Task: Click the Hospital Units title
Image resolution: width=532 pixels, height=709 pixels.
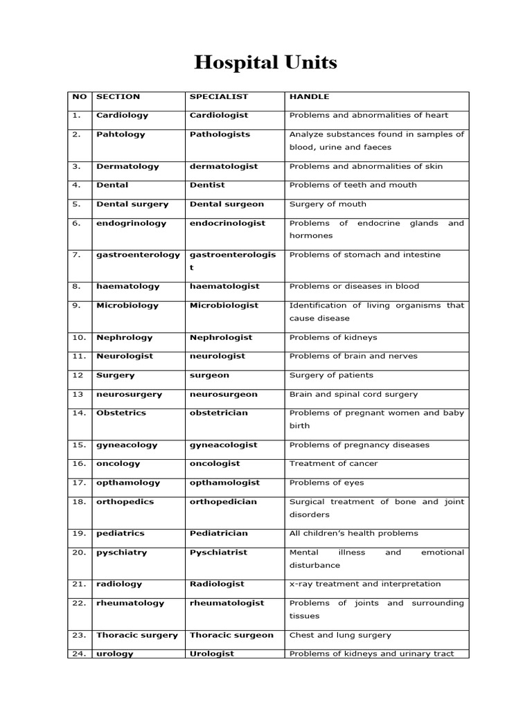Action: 265,64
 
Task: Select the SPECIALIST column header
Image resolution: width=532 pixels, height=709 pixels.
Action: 218,97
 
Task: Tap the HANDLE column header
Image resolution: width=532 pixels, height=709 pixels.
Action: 309,97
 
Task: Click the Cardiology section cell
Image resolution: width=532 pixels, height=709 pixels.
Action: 122,116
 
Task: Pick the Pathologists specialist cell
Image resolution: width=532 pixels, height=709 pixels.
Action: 220,134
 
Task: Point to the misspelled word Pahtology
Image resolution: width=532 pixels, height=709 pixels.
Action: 121,134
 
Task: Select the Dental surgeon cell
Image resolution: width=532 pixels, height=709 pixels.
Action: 227,204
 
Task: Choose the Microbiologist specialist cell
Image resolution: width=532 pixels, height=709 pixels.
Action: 224,305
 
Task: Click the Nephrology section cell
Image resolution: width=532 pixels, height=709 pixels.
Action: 125,338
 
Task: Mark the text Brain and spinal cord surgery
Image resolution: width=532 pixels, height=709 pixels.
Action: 353,394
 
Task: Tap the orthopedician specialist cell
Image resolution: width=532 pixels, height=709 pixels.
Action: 223,501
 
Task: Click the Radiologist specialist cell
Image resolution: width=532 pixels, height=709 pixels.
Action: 218,584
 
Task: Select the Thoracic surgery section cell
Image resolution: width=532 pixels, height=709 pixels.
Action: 137,635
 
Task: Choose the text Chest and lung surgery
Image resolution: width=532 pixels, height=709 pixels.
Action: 340,635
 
